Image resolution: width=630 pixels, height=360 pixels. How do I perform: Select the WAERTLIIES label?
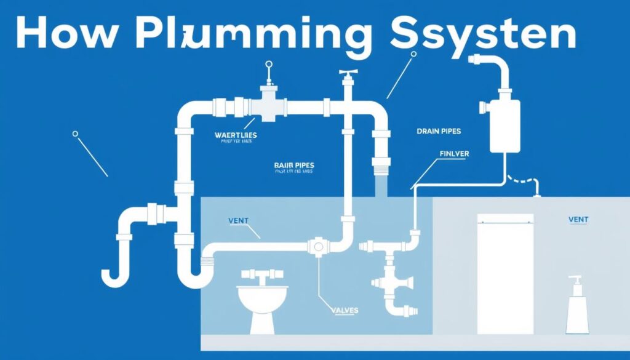236,135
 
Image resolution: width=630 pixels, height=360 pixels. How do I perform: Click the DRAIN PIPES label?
439,131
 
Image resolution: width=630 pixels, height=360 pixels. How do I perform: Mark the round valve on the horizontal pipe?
318,246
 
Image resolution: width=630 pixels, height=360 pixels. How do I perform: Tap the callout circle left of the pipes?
75,133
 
